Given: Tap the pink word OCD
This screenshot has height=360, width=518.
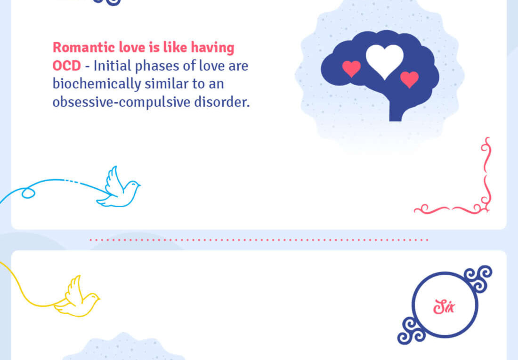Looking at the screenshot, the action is pyautogui.click(x=67, y=66).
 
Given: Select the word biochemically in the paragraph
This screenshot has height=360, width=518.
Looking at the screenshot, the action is pyautogui.click(x=97, y=84).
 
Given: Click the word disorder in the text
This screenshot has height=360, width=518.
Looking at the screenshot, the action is pyautogui.click(x=221, y=102).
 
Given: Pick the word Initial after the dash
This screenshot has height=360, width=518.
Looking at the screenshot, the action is pyautogui.click(x=113, y=66).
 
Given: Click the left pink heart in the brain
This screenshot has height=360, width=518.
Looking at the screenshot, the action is pyautogui.click(x=351, y=68).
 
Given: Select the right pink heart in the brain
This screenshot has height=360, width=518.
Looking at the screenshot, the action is pyautogui.click(x=409, y=79).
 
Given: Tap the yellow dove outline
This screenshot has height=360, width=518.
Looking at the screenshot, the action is pyautogui.click(x=77, y=297).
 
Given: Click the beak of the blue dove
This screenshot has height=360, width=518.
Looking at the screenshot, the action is pyautogui.click(x=139, y=185).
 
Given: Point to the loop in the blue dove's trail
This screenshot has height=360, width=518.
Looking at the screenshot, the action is pyautogui.click(x=28, y=193).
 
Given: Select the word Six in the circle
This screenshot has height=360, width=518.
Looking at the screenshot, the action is pyautogui.click(x=444, y=307).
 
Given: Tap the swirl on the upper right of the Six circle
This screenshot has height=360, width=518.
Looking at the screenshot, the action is pyautogui.click(x=479, y=278).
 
